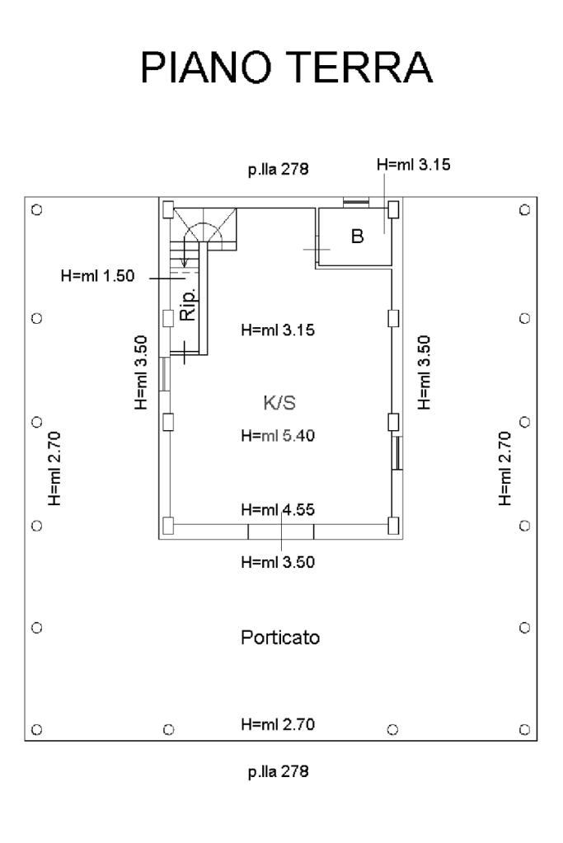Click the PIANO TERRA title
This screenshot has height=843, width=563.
click(x=286, y=67)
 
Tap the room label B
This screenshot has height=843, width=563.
click(x=357, y=236)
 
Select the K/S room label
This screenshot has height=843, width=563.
click(x=279, y=402)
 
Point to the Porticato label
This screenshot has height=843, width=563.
click(x=280, y=637)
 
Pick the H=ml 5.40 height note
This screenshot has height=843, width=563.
click(x=278, y=435)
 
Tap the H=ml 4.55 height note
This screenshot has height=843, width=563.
click(x=278, y=508)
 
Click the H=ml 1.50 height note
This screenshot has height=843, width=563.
click(x=97, y=276)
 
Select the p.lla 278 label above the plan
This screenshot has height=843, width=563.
click(x=278, y=170)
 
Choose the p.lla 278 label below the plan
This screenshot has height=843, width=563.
click(x=278, y=771)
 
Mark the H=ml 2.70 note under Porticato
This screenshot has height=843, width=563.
click(x=278, y=724)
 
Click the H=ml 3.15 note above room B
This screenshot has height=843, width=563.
click(x=414, y=164)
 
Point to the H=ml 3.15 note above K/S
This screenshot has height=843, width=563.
click(x=278, y=330)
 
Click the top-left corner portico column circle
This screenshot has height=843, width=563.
click(x=36, y=209)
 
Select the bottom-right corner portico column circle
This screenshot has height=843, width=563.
click(x=525, y=729)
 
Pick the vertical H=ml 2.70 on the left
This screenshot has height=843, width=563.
click(x=55, y=468)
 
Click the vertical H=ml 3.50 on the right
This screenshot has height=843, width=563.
click(x=425, y=372)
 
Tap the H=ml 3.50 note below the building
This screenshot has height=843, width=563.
click(x=278, y=562)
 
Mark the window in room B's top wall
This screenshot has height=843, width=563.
click(x=356, y=202)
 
